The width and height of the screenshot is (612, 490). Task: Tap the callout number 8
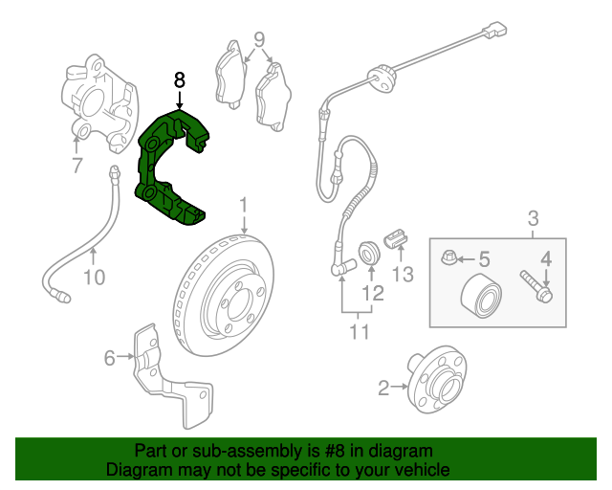coord(179,80)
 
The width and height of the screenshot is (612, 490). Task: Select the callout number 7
coord(77,165)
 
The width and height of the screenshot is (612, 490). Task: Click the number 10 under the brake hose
coord(95,278)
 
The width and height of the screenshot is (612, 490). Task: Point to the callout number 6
coord(110,358)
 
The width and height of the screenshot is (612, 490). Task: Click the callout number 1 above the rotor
coord(244,206)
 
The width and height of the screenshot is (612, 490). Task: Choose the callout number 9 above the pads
coord(259,39)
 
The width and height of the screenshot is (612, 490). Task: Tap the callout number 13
coord(403,275)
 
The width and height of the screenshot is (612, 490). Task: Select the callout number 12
coord(373,293)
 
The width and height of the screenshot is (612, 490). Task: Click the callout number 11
coord(359,332)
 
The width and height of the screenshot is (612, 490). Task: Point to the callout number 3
coord(533,218)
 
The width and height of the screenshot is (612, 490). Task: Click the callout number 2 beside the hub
coord(383,388)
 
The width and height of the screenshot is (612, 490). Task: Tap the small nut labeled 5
coord(448,257)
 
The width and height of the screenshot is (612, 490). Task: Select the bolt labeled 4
coord(535,287)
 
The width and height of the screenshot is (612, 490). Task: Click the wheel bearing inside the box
coord(481,296)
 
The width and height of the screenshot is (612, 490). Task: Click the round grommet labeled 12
coord(369,253)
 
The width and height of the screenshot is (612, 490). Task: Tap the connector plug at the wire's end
coord(494,30)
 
